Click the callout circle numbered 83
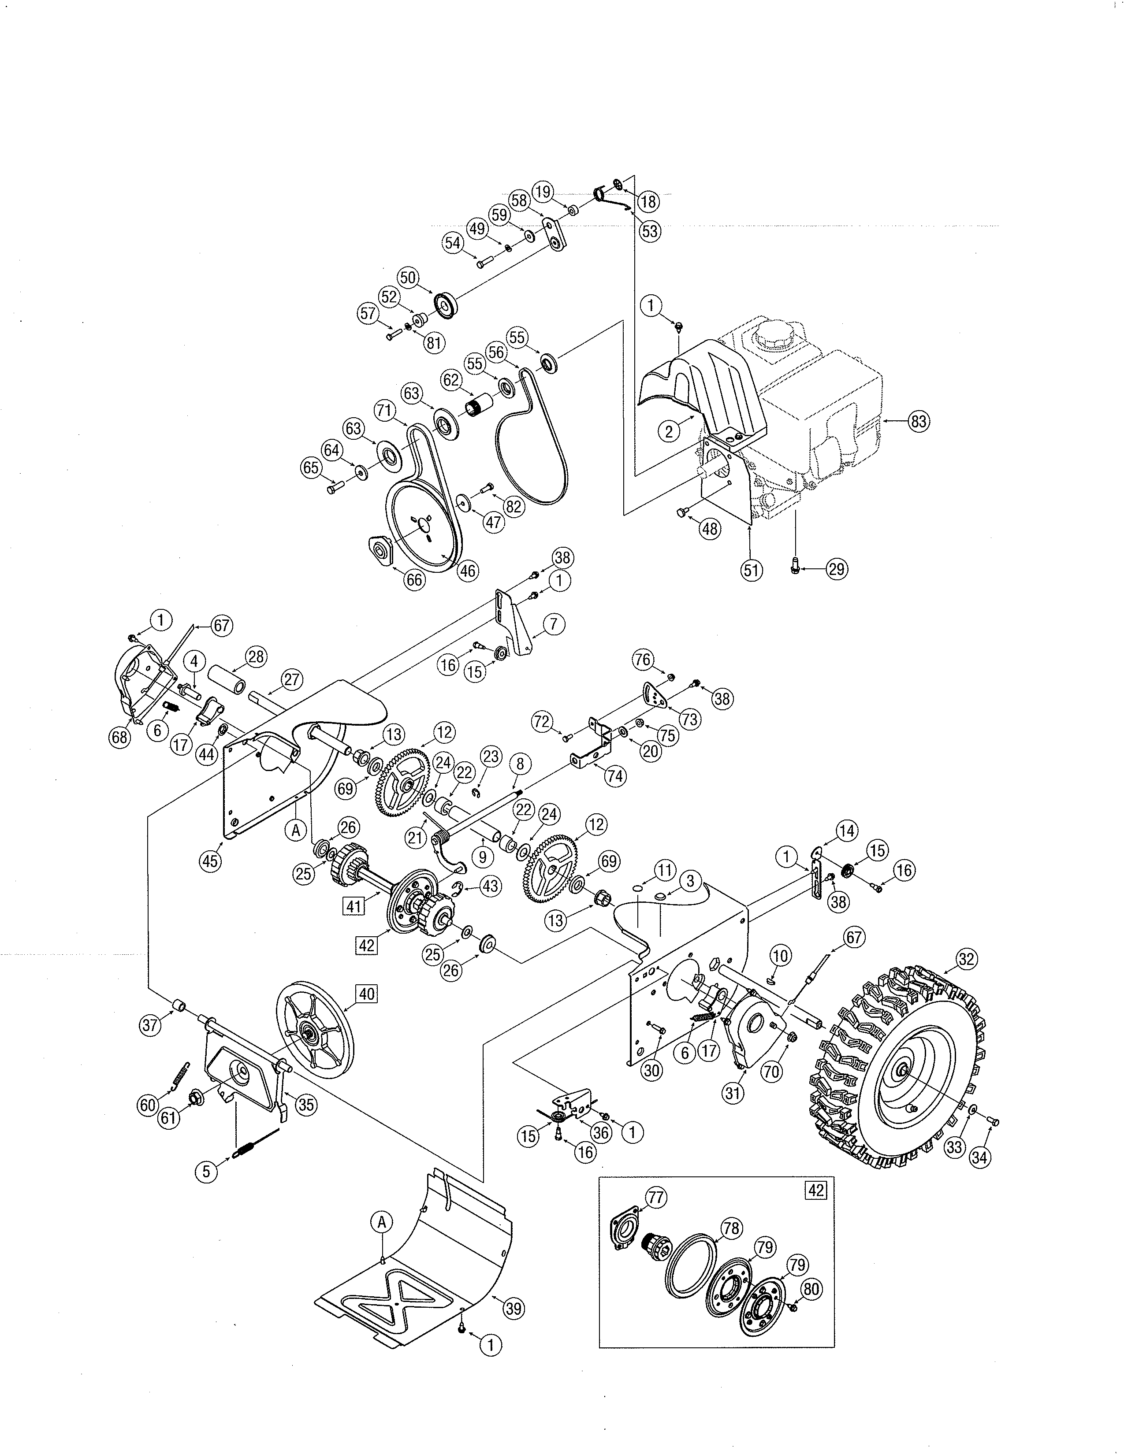click(x=918, y=421)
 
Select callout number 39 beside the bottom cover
click(x=513, y=1309)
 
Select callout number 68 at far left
click(x=120, y=737)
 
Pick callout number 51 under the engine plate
click(x=752, y=570)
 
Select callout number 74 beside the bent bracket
click(x=615, y=775)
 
